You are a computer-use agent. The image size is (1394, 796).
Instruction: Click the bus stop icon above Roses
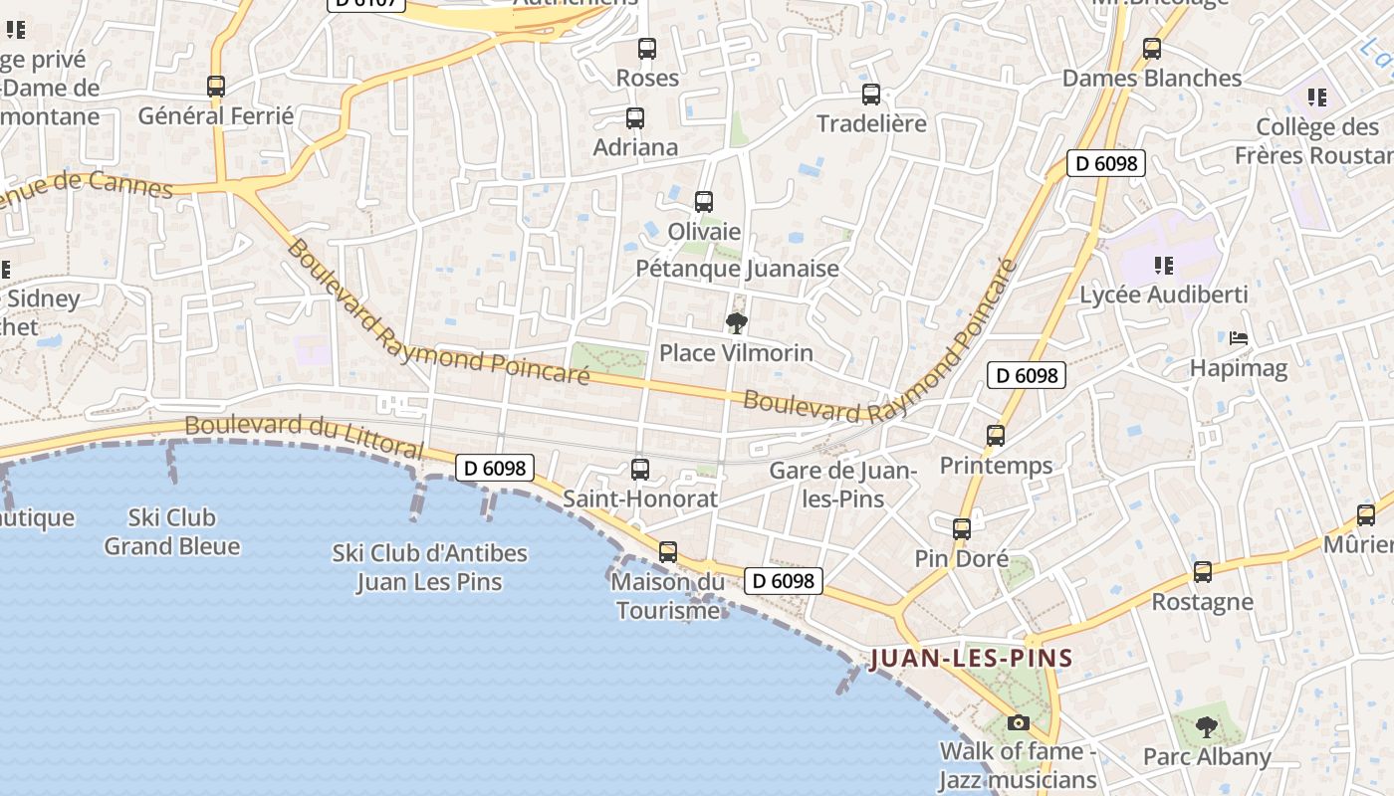pos(647,48)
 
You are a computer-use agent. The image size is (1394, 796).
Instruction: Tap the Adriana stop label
pos(635,147)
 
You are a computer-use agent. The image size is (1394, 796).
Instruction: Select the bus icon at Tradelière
pos(871,95)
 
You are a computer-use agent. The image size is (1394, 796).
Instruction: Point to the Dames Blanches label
pos(1152,78)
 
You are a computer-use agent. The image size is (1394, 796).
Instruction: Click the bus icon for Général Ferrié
pos(216,87)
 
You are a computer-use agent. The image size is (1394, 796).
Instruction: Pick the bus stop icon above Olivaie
pos(704,202)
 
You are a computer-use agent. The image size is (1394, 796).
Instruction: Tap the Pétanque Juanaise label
pos(737,269)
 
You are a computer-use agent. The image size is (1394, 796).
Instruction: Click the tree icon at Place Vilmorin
pos(737,322)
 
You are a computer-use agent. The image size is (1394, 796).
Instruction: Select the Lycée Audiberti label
pos(1164,295)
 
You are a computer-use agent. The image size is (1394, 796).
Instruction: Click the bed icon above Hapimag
pos(1239,338)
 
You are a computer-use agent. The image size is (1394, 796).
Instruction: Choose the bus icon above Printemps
pos(996,435)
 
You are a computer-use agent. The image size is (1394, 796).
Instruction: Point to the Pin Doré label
pos(962,559)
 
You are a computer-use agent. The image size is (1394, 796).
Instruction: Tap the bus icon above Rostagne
pos(1203,572)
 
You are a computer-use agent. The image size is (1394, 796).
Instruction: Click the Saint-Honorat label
pos(640,498)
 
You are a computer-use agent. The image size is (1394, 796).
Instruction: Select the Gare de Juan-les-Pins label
pos(843,485)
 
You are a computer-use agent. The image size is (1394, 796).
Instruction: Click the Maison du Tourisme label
pos(667,596)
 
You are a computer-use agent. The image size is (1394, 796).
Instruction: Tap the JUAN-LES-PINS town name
pos(971,658)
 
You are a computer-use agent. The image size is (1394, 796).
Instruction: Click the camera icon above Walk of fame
pos(1019,722)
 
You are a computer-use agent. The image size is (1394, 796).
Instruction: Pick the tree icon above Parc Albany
pos(1207,727)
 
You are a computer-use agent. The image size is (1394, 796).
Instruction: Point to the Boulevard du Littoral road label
pos(305,437)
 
